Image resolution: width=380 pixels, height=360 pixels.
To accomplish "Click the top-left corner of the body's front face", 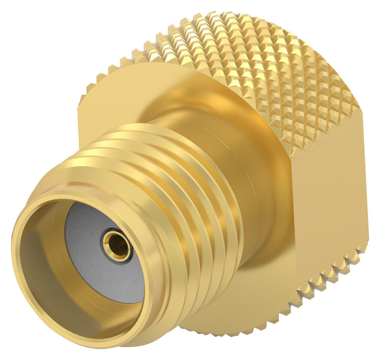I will coord(81,102).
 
